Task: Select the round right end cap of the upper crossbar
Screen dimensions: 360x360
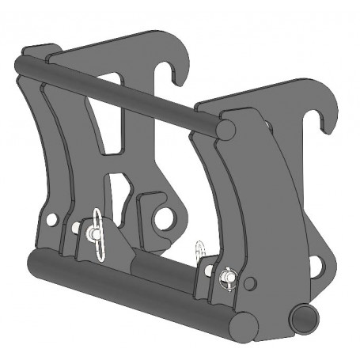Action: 225,127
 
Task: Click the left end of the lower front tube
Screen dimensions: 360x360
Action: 33,260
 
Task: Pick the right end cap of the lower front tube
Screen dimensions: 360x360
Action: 243,321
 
